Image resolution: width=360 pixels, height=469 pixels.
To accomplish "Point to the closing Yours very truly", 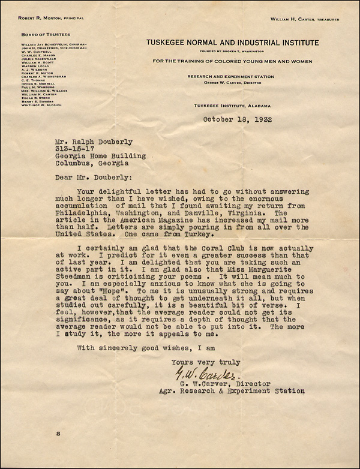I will [x=206, y=362].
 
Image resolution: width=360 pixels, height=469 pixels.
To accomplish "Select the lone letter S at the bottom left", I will [x=58, y=449].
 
